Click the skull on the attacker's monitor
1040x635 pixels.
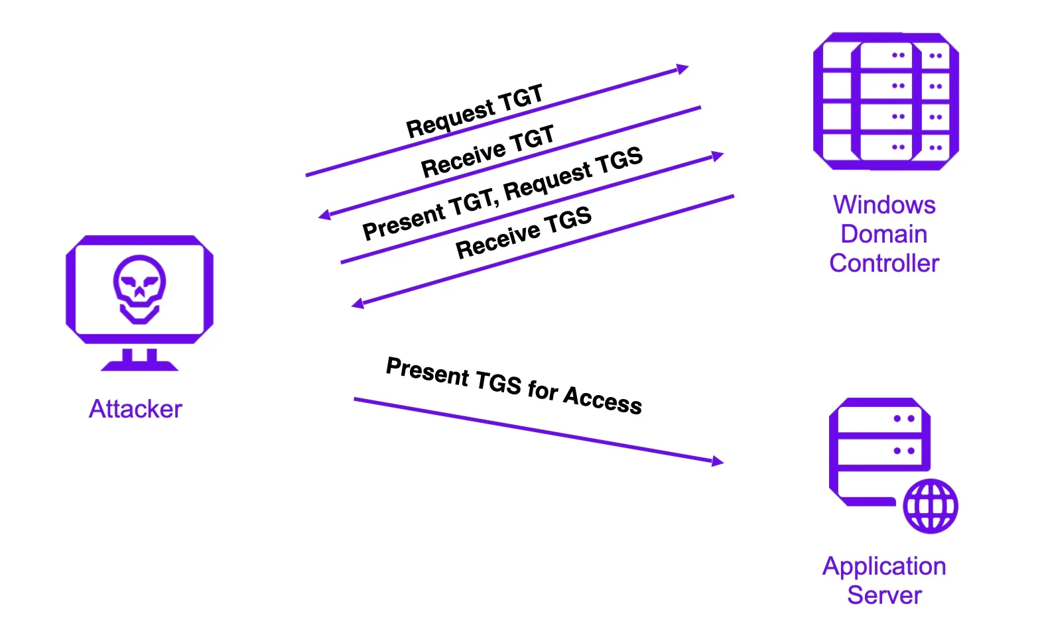139,288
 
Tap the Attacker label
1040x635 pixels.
135,409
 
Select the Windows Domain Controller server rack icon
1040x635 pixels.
886,101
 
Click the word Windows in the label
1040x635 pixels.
884,205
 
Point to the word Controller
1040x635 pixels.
884,263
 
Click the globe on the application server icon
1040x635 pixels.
931,506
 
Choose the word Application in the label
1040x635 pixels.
884,566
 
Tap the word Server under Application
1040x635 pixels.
884,595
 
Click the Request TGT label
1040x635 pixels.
475,111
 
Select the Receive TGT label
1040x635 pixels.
487,152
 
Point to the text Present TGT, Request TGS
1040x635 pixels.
503,194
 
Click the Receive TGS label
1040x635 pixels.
523,233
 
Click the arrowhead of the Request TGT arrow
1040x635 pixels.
683,68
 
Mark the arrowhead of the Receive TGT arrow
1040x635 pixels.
324,215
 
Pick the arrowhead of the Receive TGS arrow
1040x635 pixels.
357,304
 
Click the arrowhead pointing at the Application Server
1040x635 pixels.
718,461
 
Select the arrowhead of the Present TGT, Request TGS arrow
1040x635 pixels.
718,156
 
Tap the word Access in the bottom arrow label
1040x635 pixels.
602,400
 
